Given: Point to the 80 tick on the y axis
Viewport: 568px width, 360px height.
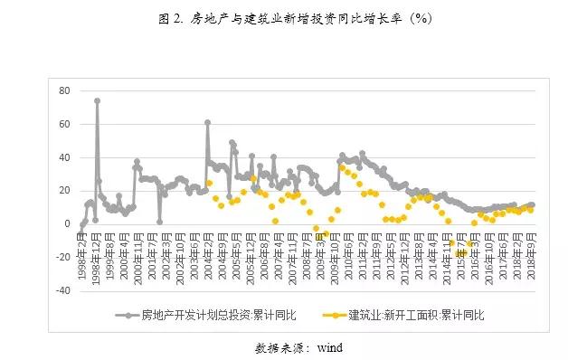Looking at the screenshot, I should [64, 90].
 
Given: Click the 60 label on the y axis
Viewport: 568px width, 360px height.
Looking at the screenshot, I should [64, 124].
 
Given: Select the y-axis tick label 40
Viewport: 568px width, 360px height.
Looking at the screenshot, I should [64, 157].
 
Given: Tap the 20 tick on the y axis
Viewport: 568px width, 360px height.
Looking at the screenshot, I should [64, 191].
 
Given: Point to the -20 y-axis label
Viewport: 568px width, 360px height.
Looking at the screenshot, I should [62, 258].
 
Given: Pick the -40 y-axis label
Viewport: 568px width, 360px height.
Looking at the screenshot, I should [62, 291].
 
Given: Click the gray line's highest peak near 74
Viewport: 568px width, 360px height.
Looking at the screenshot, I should [97, 100].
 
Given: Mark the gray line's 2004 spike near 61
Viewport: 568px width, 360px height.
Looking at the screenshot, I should [207, 122].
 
